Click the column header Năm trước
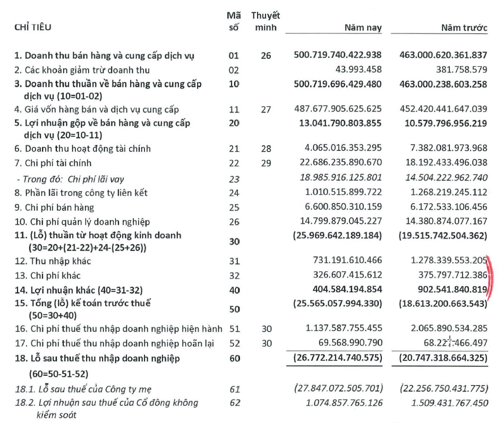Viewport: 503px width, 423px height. [464, 29]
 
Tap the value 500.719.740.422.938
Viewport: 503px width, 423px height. [338, 55]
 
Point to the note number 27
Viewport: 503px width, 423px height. [266, 109]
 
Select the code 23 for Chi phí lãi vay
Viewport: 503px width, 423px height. [234, 179]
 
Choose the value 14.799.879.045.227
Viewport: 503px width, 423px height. [340, 222]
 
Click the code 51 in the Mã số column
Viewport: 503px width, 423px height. [234, 330]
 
